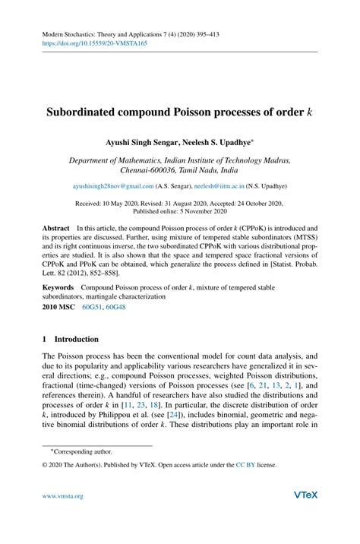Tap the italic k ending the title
(309, 111)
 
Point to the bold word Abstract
(55, 228)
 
